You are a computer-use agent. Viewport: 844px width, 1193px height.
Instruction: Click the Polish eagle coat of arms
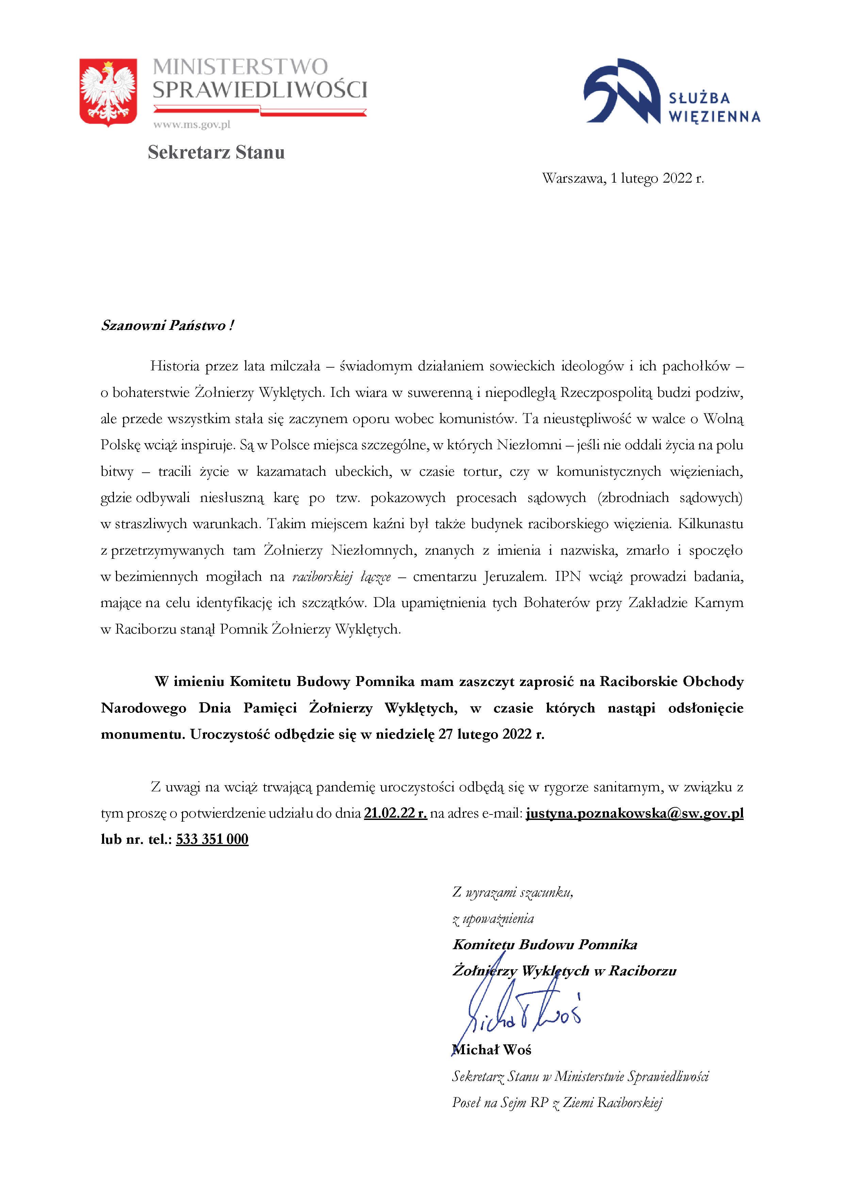[108, 92]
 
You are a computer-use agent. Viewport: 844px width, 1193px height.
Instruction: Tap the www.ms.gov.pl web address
[191, 125]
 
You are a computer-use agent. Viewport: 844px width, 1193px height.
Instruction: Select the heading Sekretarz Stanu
[216, 152]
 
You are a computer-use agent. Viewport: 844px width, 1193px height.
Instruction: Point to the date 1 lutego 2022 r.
[657, 178]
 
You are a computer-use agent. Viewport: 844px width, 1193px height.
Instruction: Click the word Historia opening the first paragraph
[175, 366]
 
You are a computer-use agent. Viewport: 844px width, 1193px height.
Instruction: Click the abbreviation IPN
[567, 577]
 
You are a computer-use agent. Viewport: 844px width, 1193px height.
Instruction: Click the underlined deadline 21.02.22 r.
[395, 813]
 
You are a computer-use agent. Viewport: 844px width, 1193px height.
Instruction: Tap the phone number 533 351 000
[212, 839]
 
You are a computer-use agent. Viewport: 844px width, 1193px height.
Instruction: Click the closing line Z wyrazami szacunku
[512, 892]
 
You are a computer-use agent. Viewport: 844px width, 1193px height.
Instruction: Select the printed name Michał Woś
[492, 1049]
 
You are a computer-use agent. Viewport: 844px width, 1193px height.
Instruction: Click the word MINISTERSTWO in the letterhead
[240, 67]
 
